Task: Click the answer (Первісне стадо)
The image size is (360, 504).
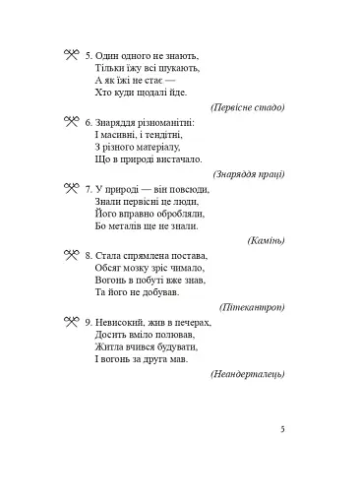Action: coord(247,106)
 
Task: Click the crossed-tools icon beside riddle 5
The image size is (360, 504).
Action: coord(71,54)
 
